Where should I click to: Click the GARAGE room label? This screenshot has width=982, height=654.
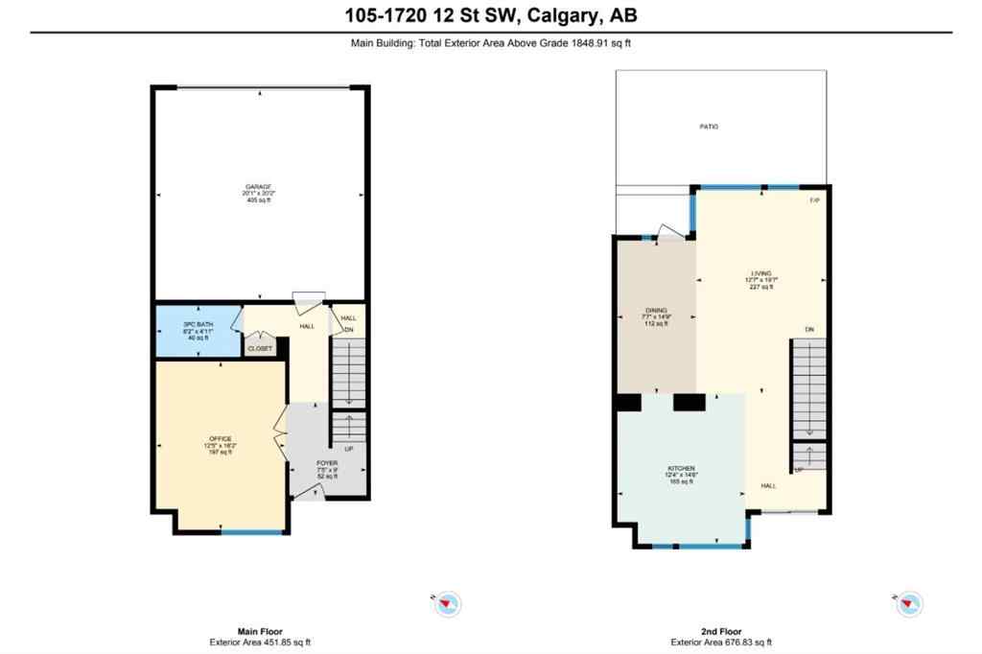257,186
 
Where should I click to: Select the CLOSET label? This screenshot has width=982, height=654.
260,349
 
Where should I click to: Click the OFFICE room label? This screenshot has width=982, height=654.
221,438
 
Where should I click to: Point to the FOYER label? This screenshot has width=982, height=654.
328,462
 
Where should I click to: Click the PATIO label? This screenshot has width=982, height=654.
708,127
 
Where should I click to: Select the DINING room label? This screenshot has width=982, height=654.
656,311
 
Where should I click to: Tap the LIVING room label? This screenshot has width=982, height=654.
762,273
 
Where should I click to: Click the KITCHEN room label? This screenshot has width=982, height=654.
681,468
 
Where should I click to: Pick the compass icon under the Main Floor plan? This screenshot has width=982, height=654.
449,603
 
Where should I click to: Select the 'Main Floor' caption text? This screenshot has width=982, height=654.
261,632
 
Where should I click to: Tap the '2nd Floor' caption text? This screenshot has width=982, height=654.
722,632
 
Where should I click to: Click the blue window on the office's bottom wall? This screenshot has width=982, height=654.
253,531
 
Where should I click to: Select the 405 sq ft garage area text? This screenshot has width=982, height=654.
257,200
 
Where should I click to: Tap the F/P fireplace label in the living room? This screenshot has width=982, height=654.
814,200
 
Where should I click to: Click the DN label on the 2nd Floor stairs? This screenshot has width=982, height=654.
809,330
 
